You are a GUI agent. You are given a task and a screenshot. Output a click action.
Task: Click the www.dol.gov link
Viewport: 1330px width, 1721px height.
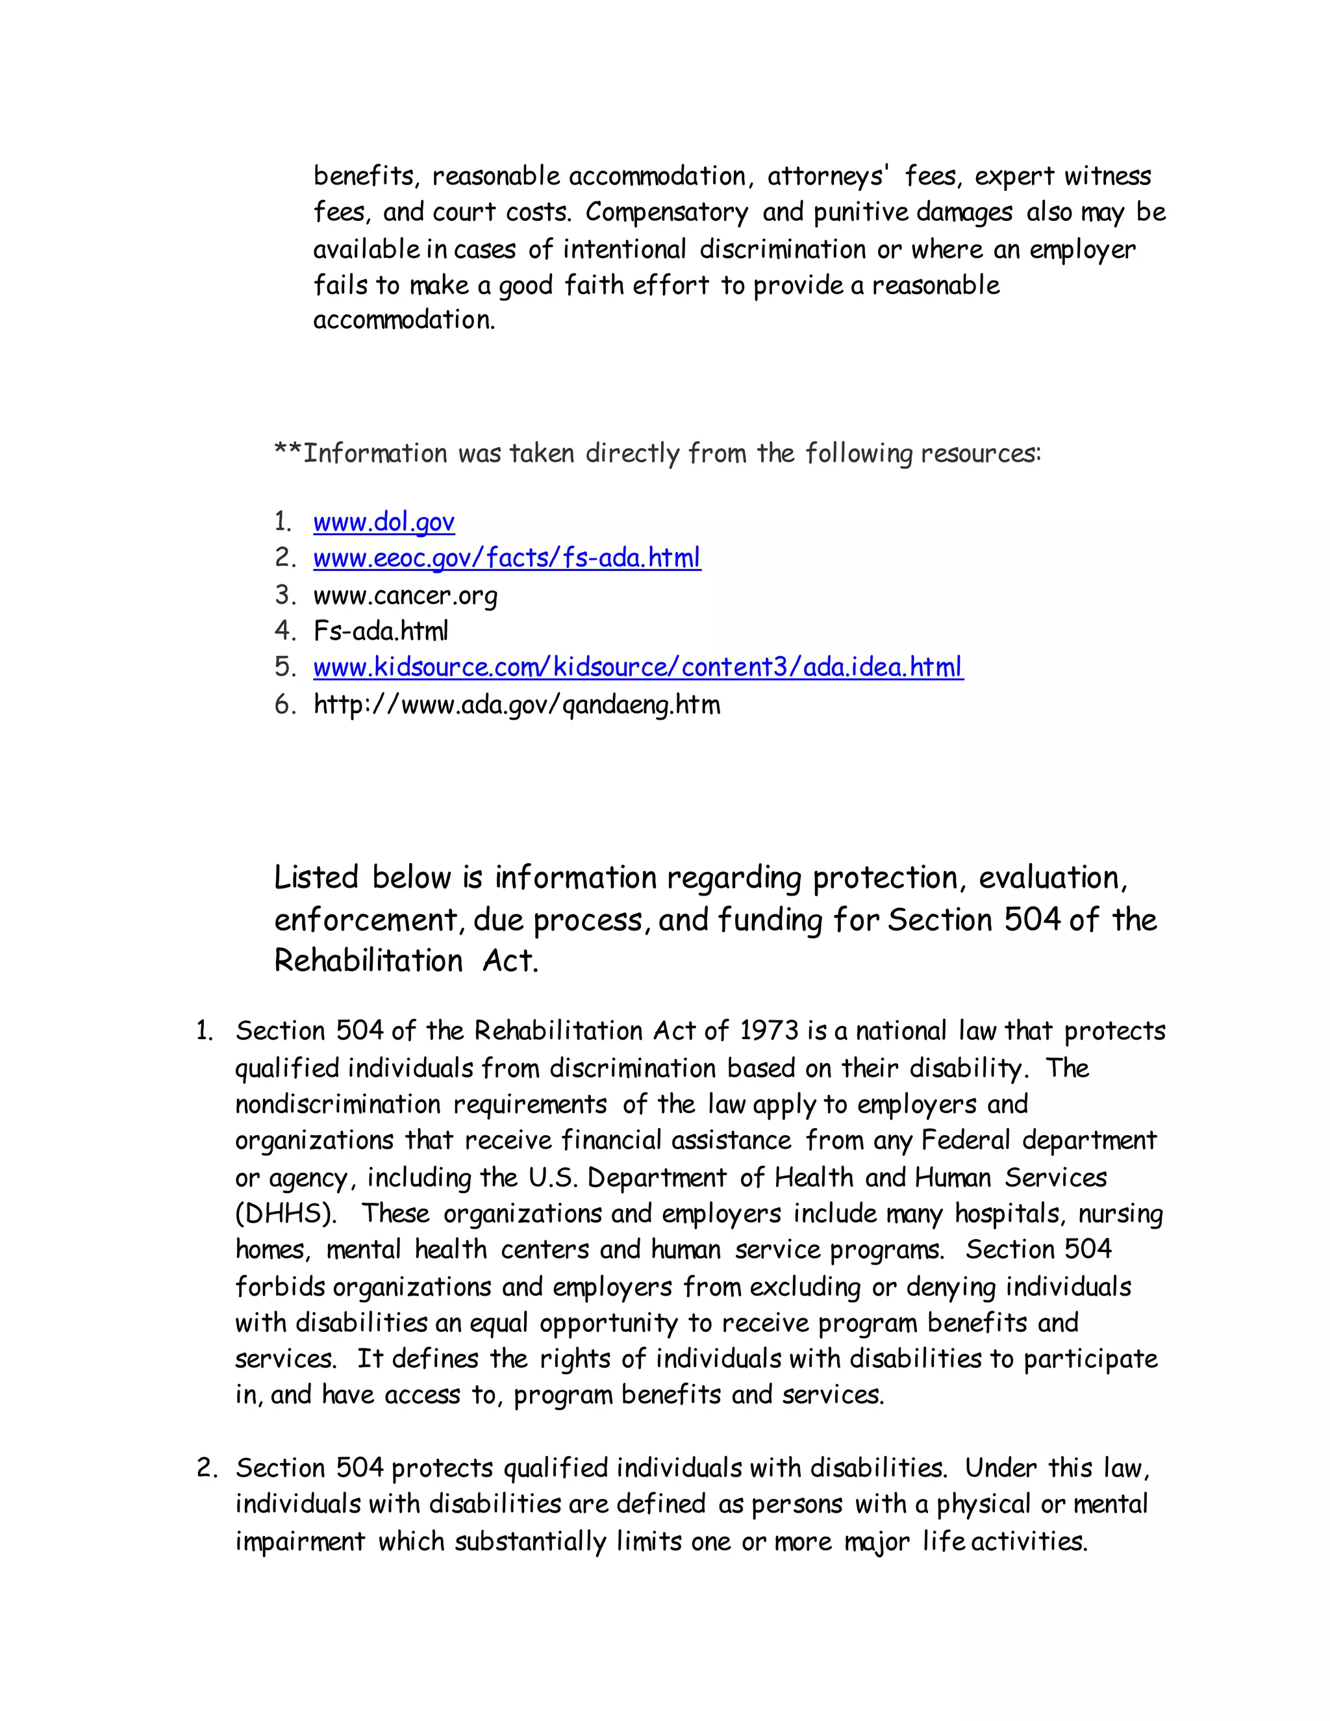click(x=384, y=521)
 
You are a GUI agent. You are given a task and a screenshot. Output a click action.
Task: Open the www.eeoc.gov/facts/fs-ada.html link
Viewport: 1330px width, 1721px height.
click(x=507, y=558)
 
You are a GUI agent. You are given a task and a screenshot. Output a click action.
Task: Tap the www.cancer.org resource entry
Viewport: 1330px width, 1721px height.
click(x=405, y=595)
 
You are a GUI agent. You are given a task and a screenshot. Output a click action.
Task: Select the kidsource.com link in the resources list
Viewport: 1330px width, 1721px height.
click(x=638, y=668)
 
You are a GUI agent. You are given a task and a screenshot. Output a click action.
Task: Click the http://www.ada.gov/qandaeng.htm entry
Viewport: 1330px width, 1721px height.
click(x=516, y=704)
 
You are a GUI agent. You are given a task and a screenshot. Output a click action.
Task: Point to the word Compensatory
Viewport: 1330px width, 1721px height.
click(x=666, y=212)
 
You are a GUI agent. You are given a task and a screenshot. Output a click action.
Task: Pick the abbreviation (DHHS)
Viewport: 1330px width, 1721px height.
click(x=285, y=1214)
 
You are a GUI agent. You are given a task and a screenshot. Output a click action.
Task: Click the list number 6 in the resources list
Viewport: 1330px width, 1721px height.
click(x=283, y=704)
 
